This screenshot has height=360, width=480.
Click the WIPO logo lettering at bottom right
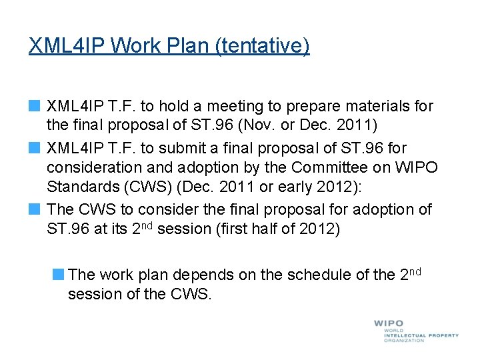[389, 325]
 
